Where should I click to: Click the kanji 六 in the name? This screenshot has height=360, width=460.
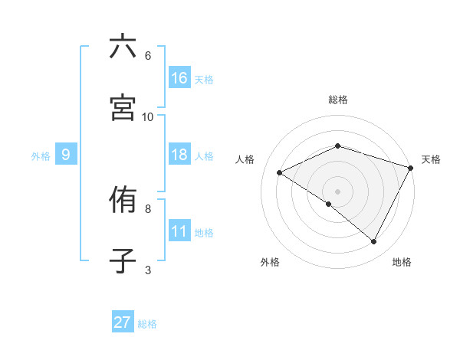click(x=123, y=47)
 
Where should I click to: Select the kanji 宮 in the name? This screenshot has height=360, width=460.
click(x=123, y=108)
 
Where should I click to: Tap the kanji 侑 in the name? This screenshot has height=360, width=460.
click(x=123, y=200)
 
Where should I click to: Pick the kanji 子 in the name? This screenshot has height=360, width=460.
click(x=123, y=261)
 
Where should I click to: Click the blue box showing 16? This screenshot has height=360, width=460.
click(x=179, y=78)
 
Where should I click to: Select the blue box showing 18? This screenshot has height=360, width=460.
click(x=179, y=155)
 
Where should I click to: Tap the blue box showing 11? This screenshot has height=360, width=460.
click(x=179, y=232)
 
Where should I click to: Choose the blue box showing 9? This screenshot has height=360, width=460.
click(x=66, y=155)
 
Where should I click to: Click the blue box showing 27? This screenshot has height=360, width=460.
click(x=123, y=322)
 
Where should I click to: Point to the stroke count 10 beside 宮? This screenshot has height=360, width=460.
click(x=148, y=116)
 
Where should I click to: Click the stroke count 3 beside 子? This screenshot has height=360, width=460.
click(x=148, y=270)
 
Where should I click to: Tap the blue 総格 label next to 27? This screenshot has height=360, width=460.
click(x=147, y=324)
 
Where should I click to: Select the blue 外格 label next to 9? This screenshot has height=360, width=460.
click(x=41, y=156)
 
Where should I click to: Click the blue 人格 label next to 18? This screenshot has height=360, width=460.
click(x=204, y=156)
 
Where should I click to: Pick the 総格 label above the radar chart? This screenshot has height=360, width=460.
click(x=338, y=100)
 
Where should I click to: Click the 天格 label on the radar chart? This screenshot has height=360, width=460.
click(x=431, y=159)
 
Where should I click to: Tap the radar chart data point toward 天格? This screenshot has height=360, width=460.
click(x=412, y=167)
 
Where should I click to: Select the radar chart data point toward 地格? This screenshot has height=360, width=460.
click(x=374, y=242)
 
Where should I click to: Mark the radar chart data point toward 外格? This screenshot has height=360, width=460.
click(x=329, y=204)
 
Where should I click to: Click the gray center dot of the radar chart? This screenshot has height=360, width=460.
click(x=338, y=191)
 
